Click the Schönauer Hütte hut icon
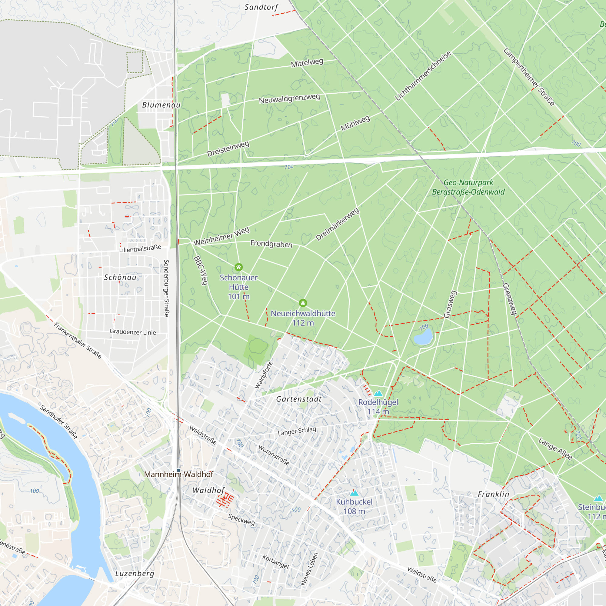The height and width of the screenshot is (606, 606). pos(239,267)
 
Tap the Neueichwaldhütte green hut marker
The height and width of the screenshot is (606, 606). pos(303,303)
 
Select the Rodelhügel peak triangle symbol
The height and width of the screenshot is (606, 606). pos(378,393)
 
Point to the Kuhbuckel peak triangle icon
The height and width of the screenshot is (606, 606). pos(354,493)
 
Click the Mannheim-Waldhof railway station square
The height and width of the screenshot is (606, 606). pos(178,470)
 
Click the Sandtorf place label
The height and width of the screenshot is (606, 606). pos(261,7)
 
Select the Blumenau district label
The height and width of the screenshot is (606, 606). pos(161,105)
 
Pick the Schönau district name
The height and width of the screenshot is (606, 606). pos(121,277)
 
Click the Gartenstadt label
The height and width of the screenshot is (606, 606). pos(299,399)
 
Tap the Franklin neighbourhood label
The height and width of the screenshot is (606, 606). pos(493,494)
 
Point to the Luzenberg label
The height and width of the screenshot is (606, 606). pos(135,574)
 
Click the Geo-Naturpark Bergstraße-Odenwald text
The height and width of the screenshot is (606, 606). pos(468,187)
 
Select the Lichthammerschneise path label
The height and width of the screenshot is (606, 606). pos(423,75)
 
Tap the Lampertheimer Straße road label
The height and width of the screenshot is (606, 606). pos(529,77)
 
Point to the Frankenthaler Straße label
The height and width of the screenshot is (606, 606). pos(78,340)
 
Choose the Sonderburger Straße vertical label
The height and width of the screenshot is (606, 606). pos(166,288)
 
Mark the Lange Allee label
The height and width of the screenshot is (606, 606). pos(555,449)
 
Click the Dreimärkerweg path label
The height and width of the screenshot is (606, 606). pos(338,224)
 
